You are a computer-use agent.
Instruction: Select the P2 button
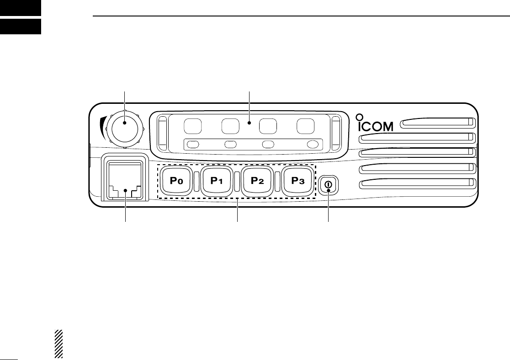coord(258,181)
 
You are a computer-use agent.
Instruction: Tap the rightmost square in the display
coord(305,126)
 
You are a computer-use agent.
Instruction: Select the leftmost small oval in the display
coord(194,145)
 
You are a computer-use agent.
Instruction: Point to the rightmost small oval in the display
coord(313,145)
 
